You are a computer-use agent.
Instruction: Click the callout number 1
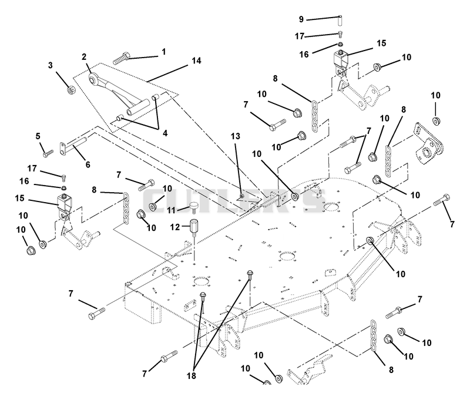coord(164,52)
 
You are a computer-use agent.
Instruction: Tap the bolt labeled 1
coord(122,58)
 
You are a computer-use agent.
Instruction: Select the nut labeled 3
coord(70,89)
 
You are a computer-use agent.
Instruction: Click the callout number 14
coord(196,61)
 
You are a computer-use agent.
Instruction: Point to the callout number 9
coord(301,19)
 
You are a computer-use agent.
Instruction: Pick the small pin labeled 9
coord(340,20)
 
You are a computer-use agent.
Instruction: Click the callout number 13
coord(236,136)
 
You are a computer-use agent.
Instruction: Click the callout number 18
coord(192,375)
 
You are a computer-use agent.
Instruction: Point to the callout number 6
coord(88,164)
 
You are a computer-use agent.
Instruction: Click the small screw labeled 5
coord(48,153)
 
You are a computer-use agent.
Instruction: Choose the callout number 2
coord(84,56)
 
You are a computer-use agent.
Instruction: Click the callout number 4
coord(165,133)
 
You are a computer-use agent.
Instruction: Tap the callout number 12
coord(174,227)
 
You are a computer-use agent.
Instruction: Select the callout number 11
coord(171,210)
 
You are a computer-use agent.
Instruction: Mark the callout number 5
coord(38,136)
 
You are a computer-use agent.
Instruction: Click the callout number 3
coord(51,65)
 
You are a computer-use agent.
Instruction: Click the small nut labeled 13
coord(242,196)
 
